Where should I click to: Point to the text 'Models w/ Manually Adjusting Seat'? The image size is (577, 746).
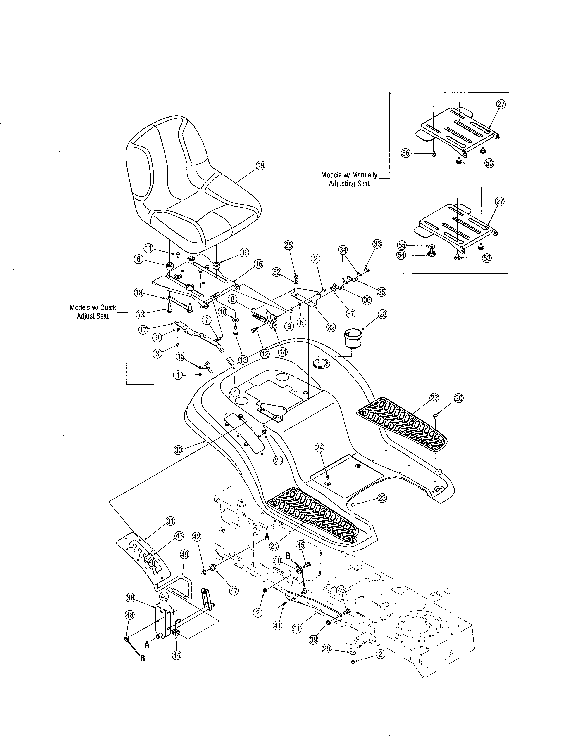[x=349, y=179]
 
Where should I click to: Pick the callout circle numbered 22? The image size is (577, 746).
[x=434, y=398]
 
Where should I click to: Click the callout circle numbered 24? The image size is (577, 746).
[x=319, y=447]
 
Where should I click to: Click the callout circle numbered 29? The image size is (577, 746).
[x=327, y=648]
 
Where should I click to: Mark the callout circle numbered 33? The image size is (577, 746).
[x=377, y=244]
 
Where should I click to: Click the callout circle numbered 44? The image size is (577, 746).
[x=177, y=655]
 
